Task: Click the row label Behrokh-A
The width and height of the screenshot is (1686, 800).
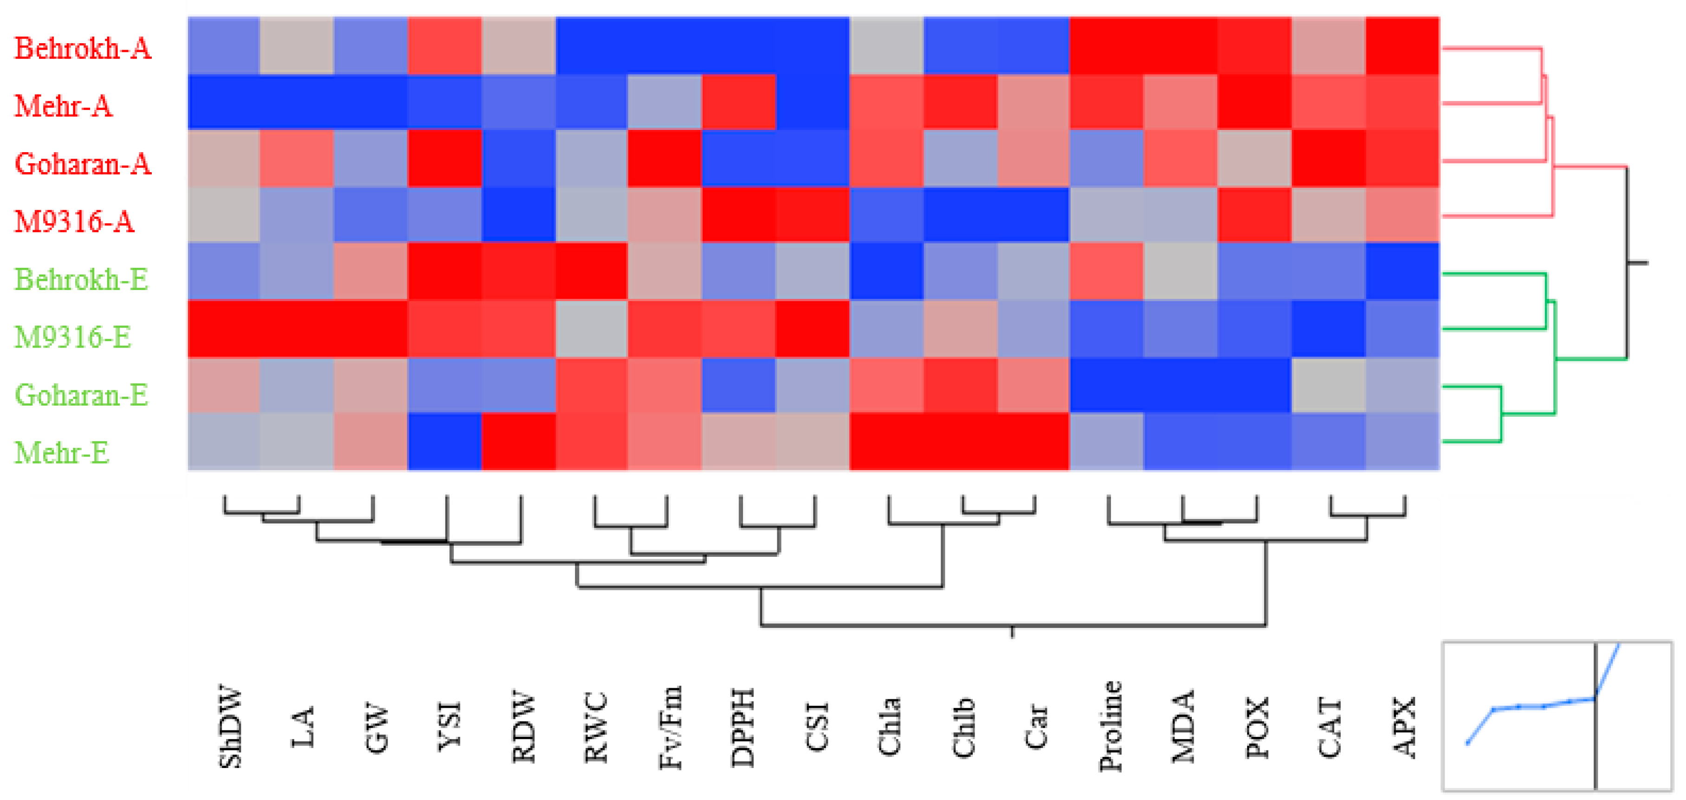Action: (x=83, y=48)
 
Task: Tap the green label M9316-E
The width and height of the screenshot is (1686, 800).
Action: (x=73, y=337)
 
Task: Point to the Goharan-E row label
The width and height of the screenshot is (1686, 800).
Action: (x=81, y=395)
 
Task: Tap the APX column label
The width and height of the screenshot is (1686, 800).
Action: (x=1402, y=727)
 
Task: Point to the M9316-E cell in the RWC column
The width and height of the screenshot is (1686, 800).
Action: (x=592, y=329)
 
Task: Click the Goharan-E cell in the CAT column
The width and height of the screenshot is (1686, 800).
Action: (x=1329, y=386)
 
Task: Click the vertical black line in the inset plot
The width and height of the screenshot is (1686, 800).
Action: (x=1595, y=746)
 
